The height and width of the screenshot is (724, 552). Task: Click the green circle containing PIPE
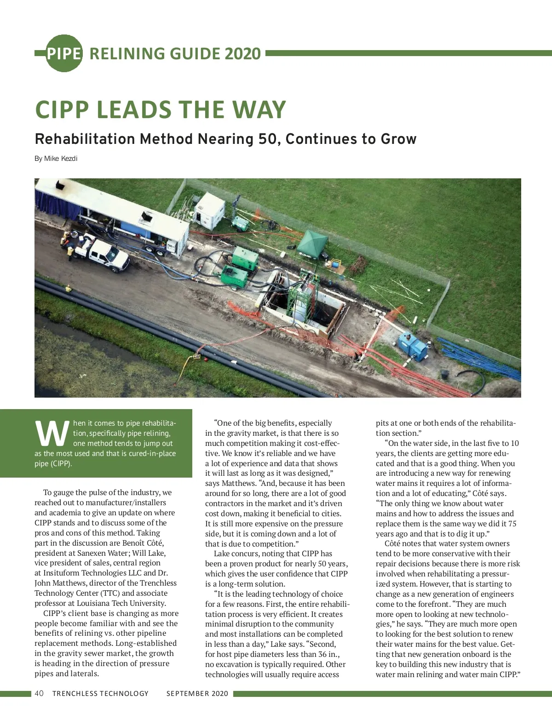point(63,53)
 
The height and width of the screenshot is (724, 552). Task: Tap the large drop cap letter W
point(52,433)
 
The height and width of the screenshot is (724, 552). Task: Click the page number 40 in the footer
point(39,693)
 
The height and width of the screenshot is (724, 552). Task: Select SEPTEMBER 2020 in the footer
point(197,693)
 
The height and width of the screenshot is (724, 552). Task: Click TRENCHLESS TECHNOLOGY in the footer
point(100,693)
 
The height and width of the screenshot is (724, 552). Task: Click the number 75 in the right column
point(512,524)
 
